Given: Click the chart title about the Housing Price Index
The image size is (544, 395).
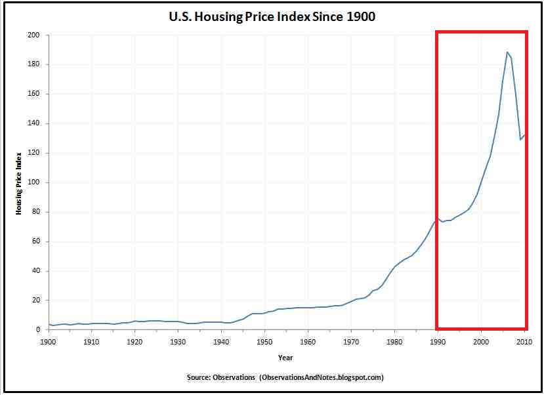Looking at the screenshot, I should [272, 17].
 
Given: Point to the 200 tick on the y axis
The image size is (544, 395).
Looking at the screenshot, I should [35, 35].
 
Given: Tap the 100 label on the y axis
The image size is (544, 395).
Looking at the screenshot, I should [35, 182].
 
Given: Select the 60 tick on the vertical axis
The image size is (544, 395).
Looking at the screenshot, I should [37, 241].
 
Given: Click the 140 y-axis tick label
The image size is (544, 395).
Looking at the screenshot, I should [35, 123].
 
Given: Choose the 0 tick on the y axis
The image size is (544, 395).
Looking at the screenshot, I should [39, 330].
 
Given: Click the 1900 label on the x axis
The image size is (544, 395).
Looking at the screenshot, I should [49, 343].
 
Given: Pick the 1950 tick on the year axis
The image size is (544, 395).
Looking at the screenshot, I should [264, 343].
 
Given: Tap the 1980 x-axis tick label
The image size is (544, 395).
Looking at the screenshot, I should [394, 343].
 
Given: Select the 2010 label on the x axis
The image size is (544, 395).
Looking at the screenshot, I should [524, 343].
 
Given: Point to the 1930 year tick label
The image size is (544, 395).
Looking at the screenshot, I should [178, 343].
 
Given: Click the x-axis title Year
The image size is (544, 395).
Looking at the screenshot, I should [285, 358].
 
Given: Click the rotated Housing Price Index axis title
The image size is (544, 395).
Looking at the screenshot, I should [19, 182].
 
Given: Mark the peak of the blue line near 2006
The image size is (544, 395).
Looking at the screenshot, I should [507, 52].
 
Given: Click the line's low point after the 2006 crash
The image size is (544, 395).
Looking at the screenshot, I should [520, 139].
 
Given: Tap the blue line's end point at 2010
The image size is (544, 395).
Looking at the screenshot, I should [524, 135].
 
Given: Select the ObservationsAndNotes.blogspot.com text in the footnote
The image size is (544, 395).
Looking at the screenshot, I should [321, 377].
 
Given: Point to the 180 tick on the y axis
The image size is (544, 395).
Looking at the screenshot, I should [35, 64].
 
